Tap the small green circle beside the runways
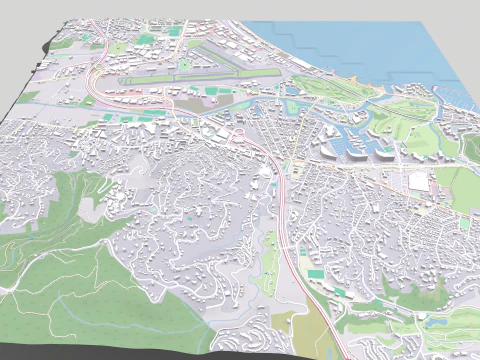coord(184,66)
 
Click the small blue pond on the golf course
coord(436,323)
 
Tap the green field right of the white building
coord(462,185)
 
